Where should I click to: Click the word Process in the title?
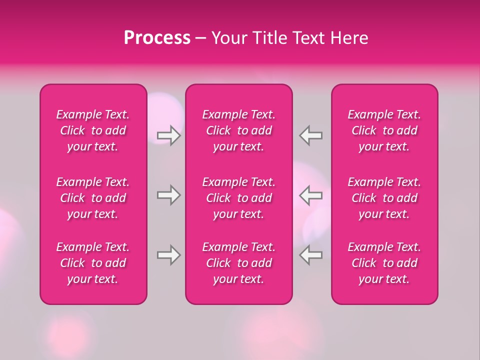(x=157, y=38)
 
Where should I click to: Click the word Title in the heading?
(x=268, y=38)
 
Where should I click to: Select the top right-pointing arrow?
(x=168, y=135)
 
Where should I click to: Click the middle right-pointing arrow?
(x=168, y=195)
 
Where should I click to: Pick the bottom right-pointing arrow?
(x=168, y=255)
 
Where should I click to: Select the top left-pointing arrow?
(x=311, y=135)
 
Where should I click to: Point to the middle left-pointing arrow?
(x=311, y=195)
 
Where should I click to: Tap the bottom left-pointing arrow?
(x=311, y=255)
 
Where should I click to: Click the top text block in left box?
(x=93, y=130)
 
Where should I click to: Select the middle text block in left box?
(x=93, y=198)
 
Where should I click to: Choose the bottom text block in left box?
(x=93, y=263)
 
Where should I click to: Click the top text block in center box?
(x=238, y=130)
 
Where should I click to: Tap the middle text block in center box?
(x=238, y=198)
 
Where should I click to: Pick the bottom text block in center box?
(x=238, y=263)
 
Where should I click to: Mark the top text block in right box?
(x=384, y=130)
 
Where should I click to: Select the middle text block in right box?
(x=384, y=198)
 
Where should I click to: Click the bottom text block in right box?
(x=384, y=263)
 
